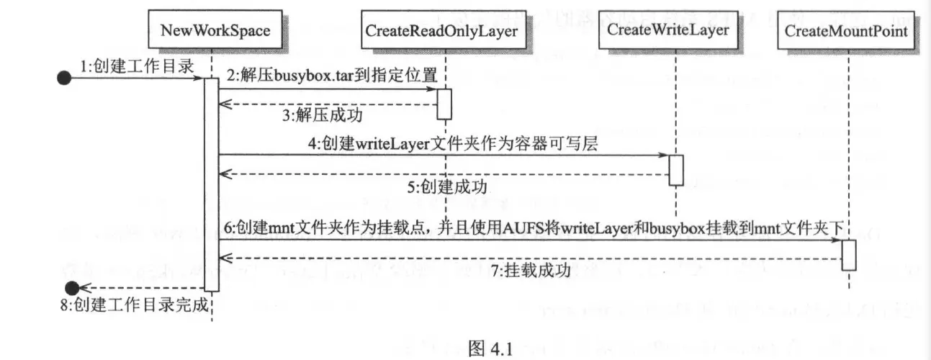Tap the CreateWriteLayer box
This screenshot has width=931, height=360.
[x=668, y=30]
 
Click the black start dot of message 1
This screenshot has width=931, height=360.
[x=64, y=78]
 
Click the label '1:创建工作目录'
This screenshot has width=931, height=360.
[x=136, y=66]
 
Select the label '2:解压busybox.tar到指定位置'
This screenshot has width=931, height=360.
[x=332, y=75]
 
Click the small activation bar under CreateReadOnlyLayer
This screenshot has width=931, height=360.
[x=444, y=103]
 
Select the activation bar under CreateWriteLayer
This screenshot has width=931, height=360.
[x=675, y=170]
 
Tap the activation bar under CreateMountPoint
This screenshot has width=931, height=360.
[x=848, y=255]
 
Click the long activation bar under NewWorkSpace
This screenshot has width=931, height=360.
[x=211, y=184]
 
